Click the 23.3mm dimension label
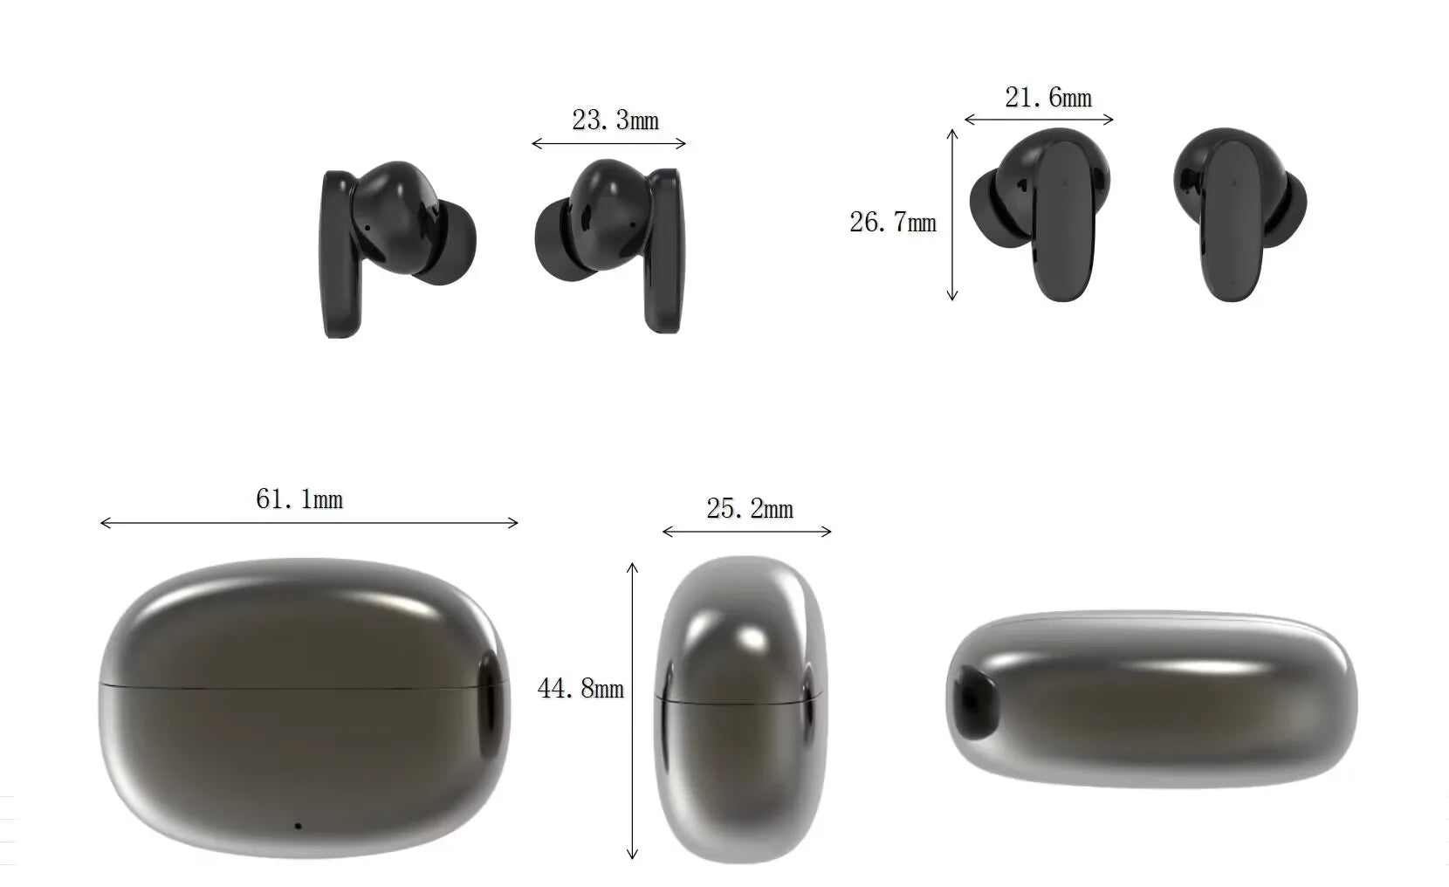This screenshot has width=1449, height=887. click(x=615, y=120)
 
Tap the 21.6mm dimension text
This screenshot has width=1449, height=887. click(x=1048, y=98)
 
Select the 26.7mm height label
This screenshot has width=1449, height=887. click(x=893, y=223)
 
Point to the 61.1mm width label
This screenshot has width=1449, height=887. click(x=299, y=499)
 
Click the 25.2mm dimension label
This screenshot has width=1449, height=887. click(x=750, y=509)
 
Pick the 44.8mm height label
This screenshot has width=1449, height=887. click(x=580, y=689)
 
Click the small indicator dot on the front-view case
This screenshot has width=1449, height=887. click(x=298, y=825)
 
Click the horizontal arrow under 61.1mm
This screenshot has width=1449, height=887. click(x=309, y=523)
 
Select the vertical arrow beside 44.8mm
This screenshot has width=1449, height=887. click(x=633, y=712)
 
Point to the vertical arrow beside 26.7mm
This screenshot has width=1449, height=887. click(x=952, y=215)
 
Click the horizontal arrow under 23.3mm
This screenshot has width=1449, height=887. click(x=609, y=143)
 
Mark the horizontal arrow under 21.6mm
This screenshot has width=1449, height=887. click(x=1039, y=120)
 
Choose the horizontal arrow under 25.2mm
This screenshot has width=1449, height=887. click(x=747, y=531)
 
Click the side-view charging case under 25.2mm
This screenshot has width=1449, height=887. click(x=741, y=709)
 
